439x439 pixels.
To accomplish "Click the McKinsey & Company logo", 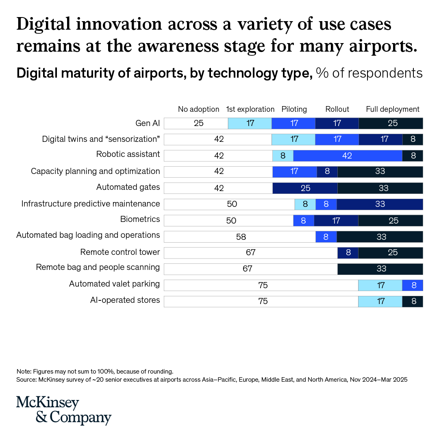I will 63,410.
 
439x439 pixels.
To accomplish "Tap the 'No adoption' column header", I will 199,109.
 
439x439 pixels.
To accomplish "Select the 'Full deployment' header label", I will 393,109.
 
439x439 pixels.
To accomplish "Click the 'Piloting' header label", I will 294,109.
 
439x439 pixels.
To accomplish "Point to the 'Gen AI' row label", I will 148,123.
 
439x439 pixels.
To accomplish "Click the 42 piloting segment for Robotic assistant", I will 348,156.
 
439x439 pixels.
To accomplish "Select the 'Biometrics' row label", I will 140,219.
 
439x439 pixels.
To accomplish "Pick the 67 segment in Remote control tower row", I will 250,252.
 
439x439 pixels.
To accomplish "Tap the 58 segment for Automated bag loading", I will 240,237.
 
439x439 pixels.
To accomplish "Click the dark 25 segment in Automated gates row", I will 305,188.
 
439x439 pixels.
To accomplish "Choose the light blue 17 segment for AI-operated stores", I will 380,301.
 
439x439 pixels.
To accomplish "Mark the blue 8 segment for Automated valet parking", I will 413,285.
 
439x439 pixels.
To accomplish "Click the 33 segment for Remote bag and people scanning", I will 380,269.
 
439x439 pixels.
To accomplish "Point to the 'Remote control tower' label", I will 120,252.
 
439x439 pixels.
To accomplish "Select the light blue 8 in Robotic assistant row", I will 283,156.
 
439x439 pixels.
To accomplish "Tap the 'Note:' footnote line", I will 95,371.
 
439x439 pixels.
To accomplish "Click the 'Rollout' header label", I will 337,109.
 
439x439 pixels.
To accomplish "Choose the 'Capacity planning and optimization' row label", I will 96,171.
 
